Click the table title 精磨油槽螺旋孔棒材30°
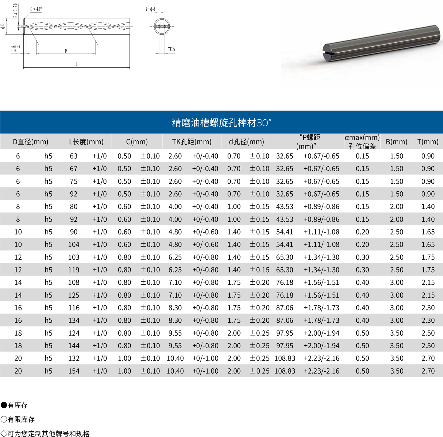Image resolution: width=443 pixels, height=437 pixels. tap(221, 122)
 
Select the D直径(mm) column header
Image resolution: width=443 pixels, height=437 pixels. tap(30, 142)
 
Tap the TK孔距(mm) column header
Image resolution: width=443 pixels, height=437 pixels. tap(192, 142)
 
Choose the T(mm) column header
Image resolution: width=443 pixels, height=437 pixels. tap(428, 142)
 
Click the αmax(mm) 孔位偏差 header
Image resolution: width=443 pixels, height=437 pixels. tap(362, 142)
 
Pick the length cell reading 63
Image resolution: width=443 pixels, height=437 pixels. tap(74, 156)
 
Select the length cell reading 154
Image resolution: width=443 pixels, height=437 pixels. tap(74, 371)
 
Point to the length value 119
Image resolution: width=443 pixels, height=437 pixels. tap(74, 270)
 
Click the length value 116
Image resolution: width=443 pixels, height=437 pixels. tap(74, 308)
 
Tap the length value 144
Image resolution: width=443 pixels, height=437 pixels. tap(74, 346)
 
